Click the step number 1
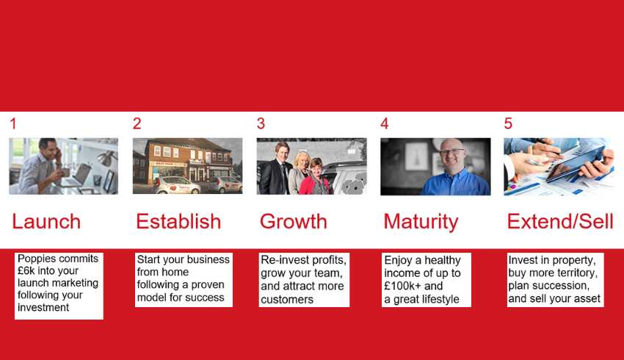13,123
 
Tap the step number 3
261,123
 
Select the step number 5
508,123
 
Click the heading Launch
46,221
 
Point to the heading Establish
178,221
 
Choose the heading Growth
294,221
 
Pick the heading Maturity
421,222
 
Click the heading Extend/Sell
560,221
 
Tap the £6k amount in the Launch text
26,271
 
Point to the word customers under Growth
287,300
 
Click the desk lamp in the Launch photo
105,159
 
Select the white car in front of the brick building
177,185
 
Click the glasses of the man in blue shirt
451,151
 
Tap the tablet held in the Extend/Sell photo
574,164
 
